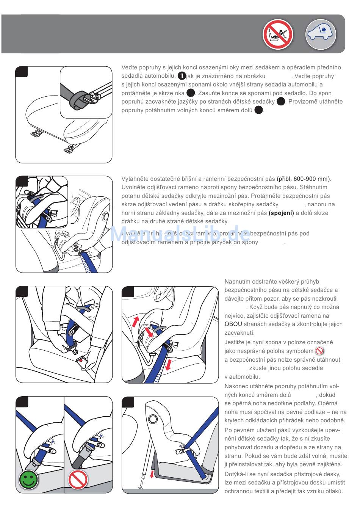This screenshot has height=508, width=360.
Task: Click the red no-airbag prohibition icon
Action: pos(278,34)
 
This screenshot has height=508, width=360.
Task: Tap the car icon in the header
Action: pos(321,34)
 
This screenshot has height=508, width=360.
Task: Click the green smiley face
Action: pos(29,479)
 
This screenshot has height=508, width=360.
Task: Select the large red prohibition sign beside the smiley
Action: pos(78,479)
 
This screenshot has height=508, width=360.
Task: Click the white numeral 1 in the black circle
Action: pos(182,76)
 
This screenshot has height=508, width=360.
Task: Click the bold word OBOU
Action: pos(233,324)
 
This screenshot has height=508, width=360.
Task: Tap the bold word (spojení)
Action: pos(281,213)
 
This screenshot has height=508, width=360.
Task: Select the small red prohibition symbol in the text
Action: pos(319,351)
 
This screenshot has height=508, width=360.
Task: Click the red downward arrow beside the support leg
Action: pos(152,474)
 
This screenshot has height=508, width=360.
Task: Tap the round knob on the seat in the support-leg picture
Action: pos(153,419)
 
